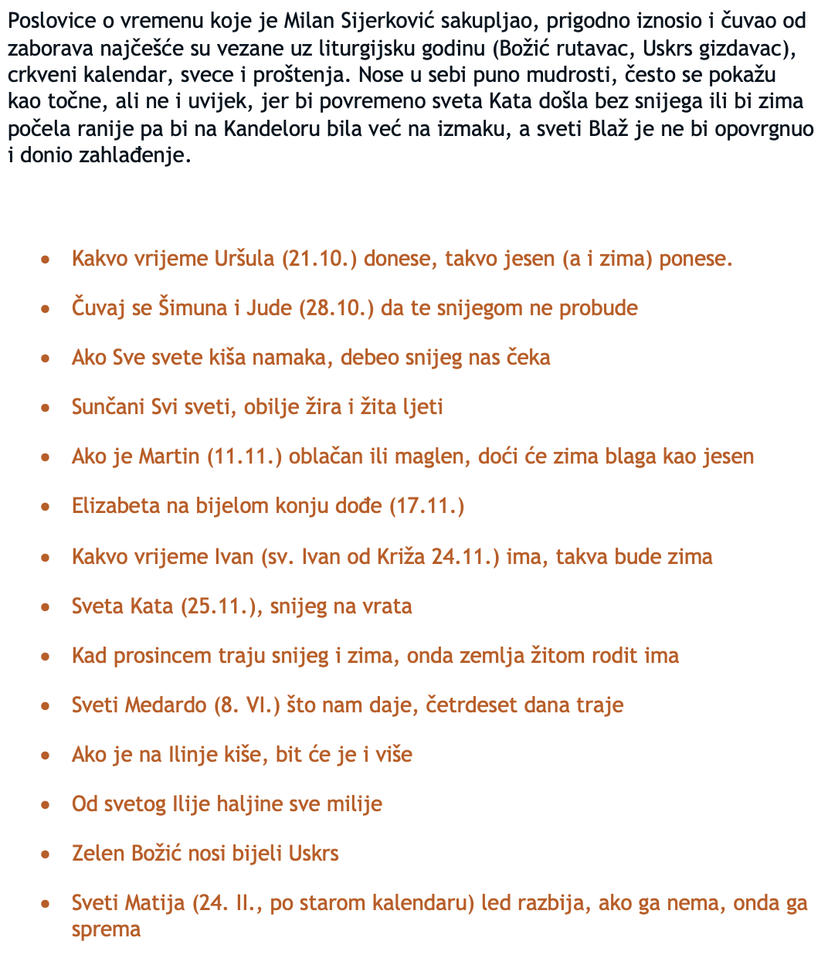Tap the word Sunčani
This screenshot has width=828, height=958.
point(108,406)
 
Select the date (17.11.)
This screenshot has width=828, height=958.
point(426,505)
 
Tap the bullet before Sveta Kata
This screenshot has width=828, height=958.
point(46,606)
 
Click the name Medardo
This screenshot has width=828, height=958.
point(166,705)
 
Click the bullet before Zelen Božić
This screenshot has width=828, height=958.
point(46,854)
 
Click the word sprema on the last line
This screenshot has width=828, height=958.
point(106,928)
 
